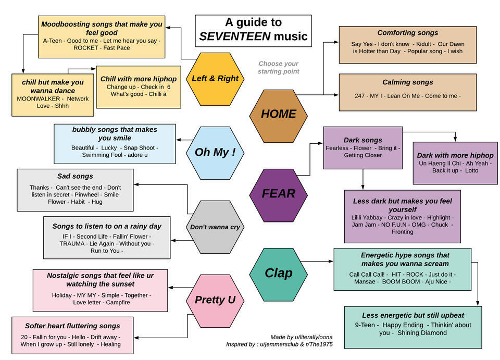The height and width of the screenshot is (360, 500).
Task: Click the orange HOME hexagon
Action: [x=278, y=114]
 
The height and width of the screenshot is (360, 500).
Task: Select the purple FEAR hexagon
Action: [x=278, y=194]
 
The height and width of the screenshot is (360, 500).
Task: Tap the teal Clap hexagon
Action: [x=278, y=273]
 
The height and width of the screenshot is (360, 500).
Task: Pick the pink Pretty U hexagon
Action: [x=215, y=300]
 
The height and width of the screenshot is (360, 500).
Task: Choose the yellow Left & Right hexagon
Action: [x=215, y=79]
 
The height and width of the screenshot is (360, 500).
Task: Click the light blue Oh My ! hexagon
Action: [x=215, y=153]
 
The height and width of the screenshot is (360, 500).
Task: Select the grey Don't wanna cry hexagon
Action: [x=215, y=227]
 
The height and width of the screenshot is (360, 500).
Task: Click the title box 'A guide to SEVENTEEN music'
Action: [x=253, y=30]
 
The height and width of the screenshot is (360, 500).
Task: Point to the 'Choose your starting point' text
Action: [x=278, y=67]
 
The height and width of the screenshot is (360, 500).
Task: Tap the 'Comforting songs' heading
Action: [x=407, y=33]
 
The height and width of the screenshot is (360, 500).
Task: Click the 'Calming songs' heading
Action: [x=407, y=82]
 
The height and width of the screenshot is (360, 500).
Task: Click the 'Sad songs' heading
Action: [x=75, y=176]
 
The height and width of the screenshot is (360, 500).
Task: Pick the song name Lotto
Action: [x=471, y=170]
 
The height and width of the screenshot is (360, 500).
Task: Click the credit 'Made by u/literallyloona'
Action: [x=301, y=337]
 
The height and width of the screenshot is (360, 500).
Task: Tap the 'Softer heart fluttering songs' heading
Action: [x=72, y=326]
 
